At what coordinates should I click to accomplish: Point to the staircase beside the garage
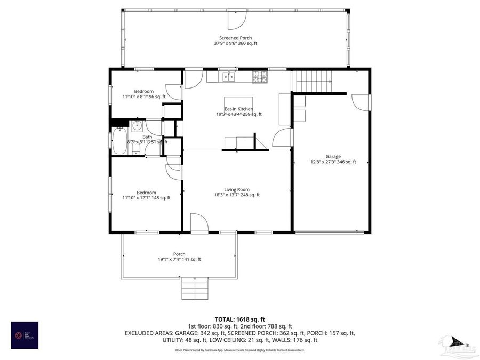(314, 83)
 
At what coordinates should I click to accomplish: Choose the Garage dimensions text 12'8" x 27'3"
(333, 162)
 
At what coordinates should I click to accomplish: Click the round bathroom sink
(137, 126)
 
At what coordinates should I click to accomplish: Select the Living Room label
(236, 192)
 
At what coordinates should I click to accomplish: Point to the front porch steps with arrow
(195, 289)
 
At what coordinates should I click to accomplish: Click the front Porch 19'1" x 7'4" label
(179, 257)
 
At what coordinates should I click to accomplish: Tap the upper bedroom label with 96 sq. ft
(144, 94)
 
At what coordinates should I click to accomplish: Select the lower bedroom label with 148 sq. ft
(146, 195)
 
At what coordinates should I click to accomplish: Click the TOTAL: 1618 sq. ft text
(239, 318)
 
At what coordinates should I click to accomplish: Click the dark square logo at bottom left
(25, 335)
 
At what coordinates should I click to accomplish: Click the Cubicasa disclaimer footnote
(240, 350)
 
